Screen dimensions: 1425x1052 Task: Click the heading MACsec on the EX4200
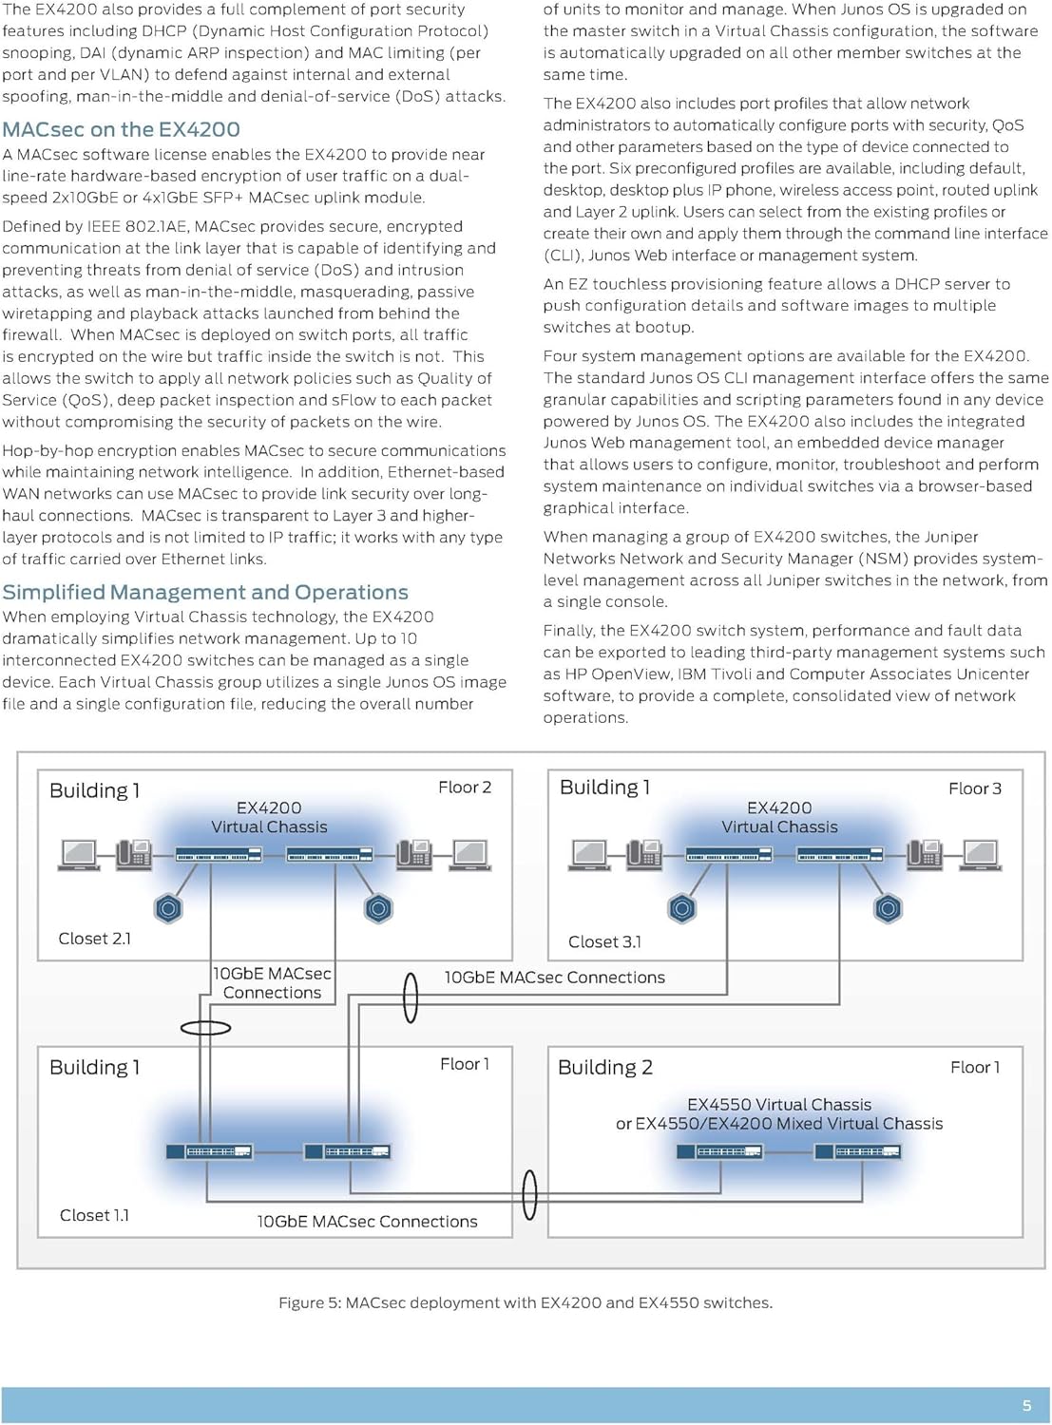[x=121, y=129]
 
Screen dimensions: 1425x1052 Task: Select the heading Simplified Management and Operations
[x=205, y=592]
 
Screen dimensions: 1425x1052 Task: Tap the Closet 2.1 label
[x=95, y=939]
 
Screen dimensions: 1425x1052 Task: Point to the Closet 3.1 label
[x=604, y=941]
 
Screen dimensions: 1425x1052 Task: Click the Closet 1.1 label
[x=94, y=1215]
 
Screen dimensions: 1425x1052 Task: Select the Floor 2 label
[x=465, y=788]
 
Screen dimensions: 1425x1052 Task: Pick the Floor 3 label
[x=974, y=788]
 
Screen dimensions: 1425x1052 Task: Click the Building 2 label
[x=605, y=1067]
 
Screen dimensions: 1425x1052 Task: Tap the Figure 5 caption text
[x=526, y=1302]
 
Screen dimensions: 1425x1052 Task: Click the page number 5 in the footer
[x=1026, y=1406]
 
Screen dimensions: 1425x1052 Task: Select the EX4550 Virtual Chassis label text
[x=779, y=1105]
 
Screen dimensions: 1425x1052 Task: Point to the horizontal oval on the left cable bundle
[x=205, y=1027]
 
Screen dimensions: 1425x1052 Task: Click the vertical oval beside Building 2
[x=530, y=1194]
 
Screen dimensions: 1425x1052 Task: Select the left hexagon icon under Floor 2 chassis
[x=168, y=908]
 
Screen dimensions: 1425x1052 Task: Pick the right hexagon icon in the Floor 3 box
[x=888, y=908]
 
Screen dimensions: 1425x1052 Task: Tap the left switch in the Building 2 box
[x=719, y=1151]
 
